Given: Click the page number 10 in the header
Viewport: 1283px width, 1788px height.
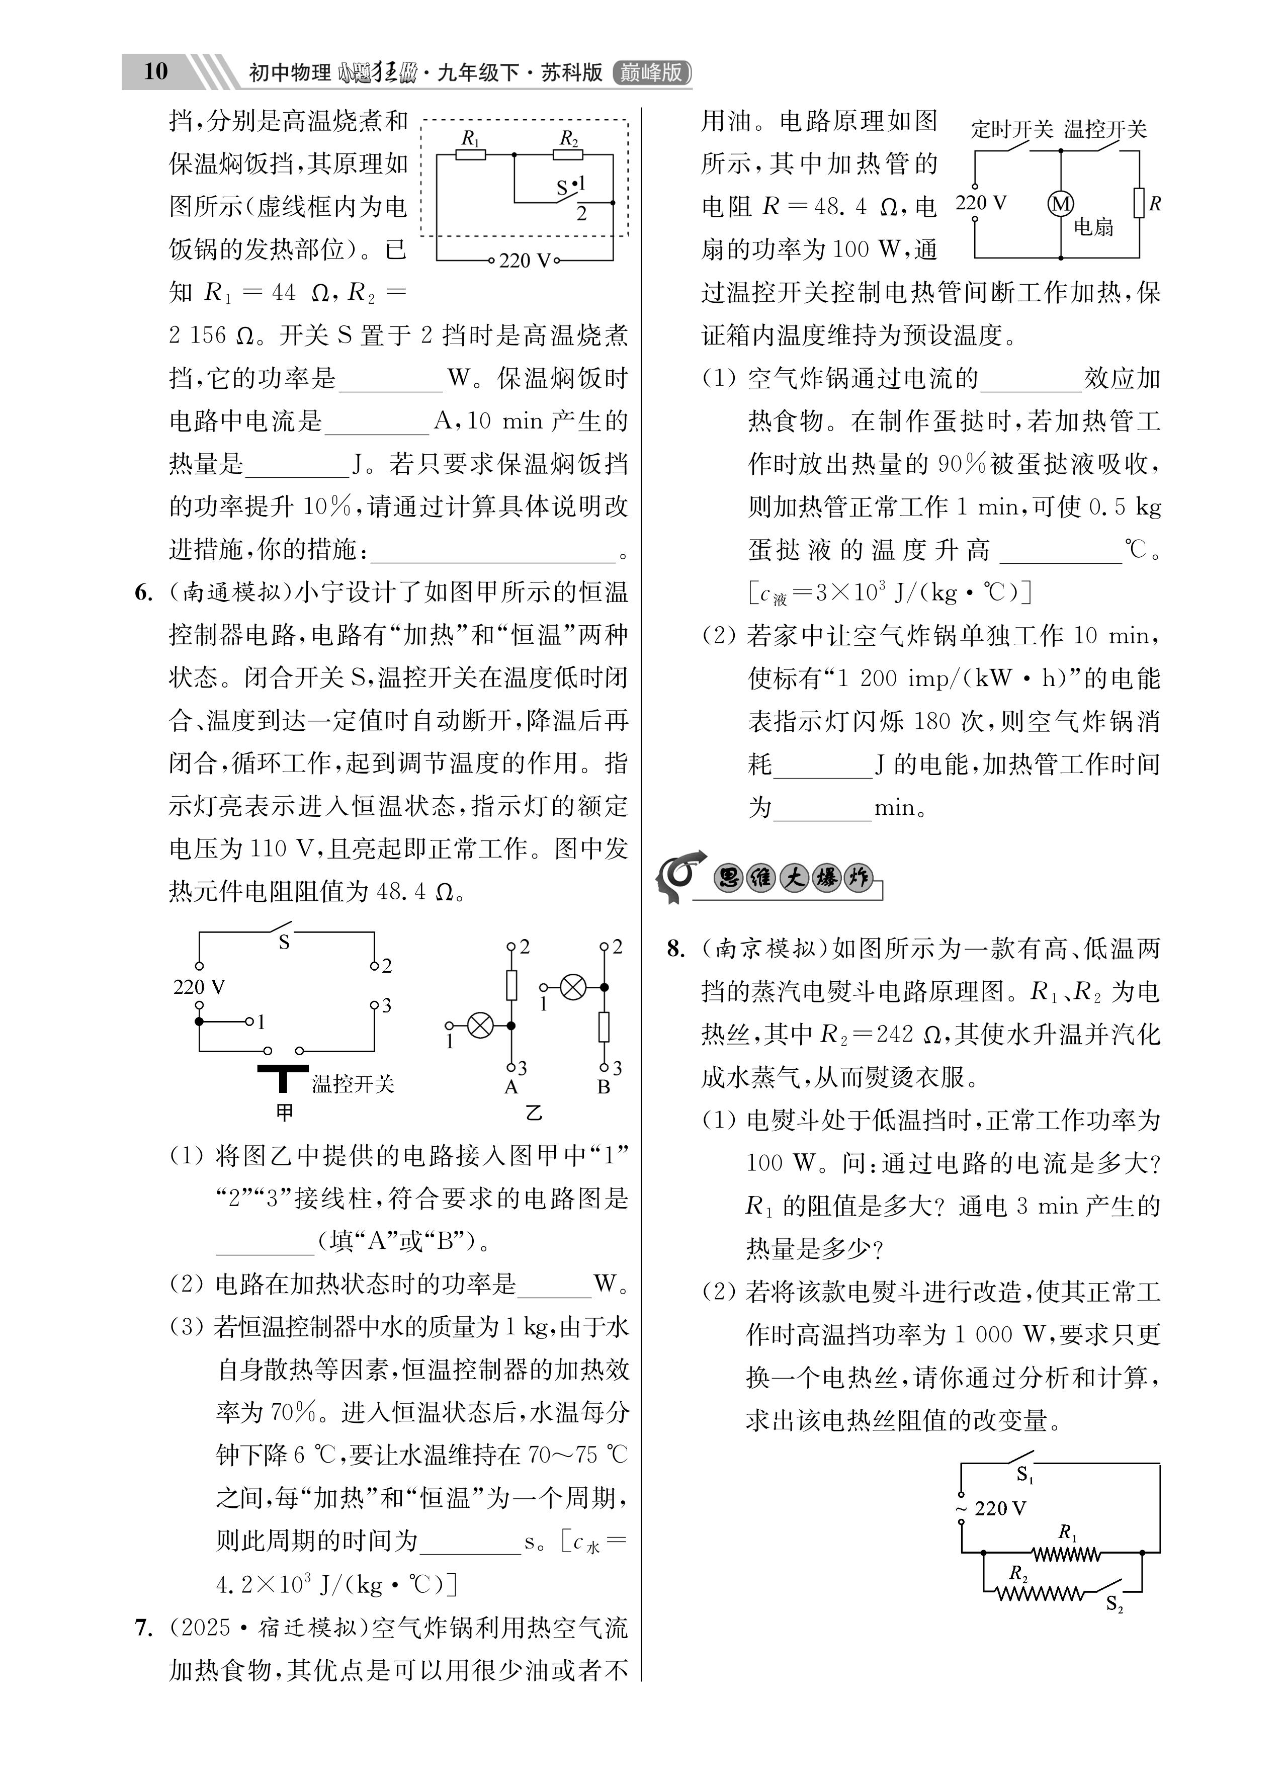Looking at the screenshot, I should click(155, 72).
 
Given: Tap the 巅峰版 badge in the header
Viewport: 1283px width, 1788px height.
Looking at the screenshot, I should click(651, 72).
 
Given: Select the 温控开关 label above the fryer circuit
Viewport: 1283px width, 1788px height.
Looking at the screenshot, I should click(1105, 129).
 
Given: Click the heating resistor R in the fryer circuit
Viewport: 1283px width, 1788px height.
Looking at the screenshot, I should click(1139, 203).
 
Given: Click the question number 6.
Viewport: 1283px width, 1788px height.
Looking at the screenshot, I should click(143, 593).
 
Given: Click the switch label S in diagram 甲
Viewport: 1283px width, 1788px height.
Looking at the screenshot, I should click(284, 942).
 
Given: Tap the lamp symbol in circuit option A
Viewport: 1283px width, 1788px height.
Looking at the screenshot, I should click(480, 1026).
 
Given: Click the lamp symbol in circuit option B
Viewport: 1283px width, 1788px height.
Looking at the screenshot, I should click(572, 987).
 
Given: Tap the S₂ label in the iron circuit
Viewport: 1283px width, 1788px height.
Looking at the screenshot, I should click(1114, 1603).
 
